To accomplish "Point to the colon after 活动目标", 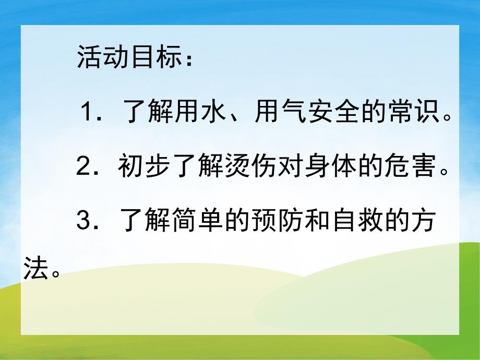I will pyautogui.click(x=188, y=58).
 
